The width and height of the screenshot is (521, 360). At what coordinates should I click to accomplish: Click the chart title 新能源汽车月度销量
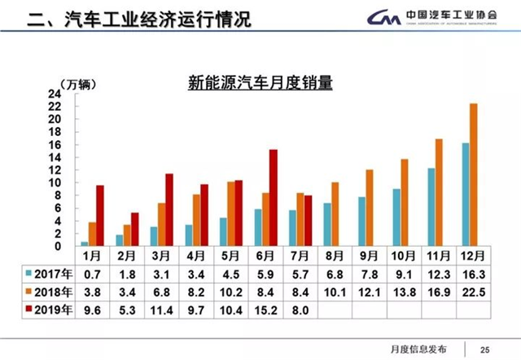[261, 82]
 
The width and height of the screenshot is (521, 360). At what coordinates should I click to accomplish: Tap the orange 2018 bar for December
[474, 174]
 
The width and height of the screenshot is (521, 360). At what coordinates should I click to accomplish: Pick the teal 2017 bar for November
[431, 207]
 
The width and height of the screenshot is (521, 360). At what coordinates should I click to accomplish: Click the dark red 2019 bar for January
[100, 216]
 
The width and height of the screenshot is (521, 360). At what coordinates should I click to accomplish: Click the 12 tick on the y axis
[59, 169]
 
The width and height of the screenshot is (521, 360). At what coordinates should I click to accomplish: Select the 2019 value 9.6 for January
[92, 310]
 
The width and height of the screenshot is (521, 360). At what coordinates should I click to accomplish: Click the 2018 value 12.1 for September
[368, 292]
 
